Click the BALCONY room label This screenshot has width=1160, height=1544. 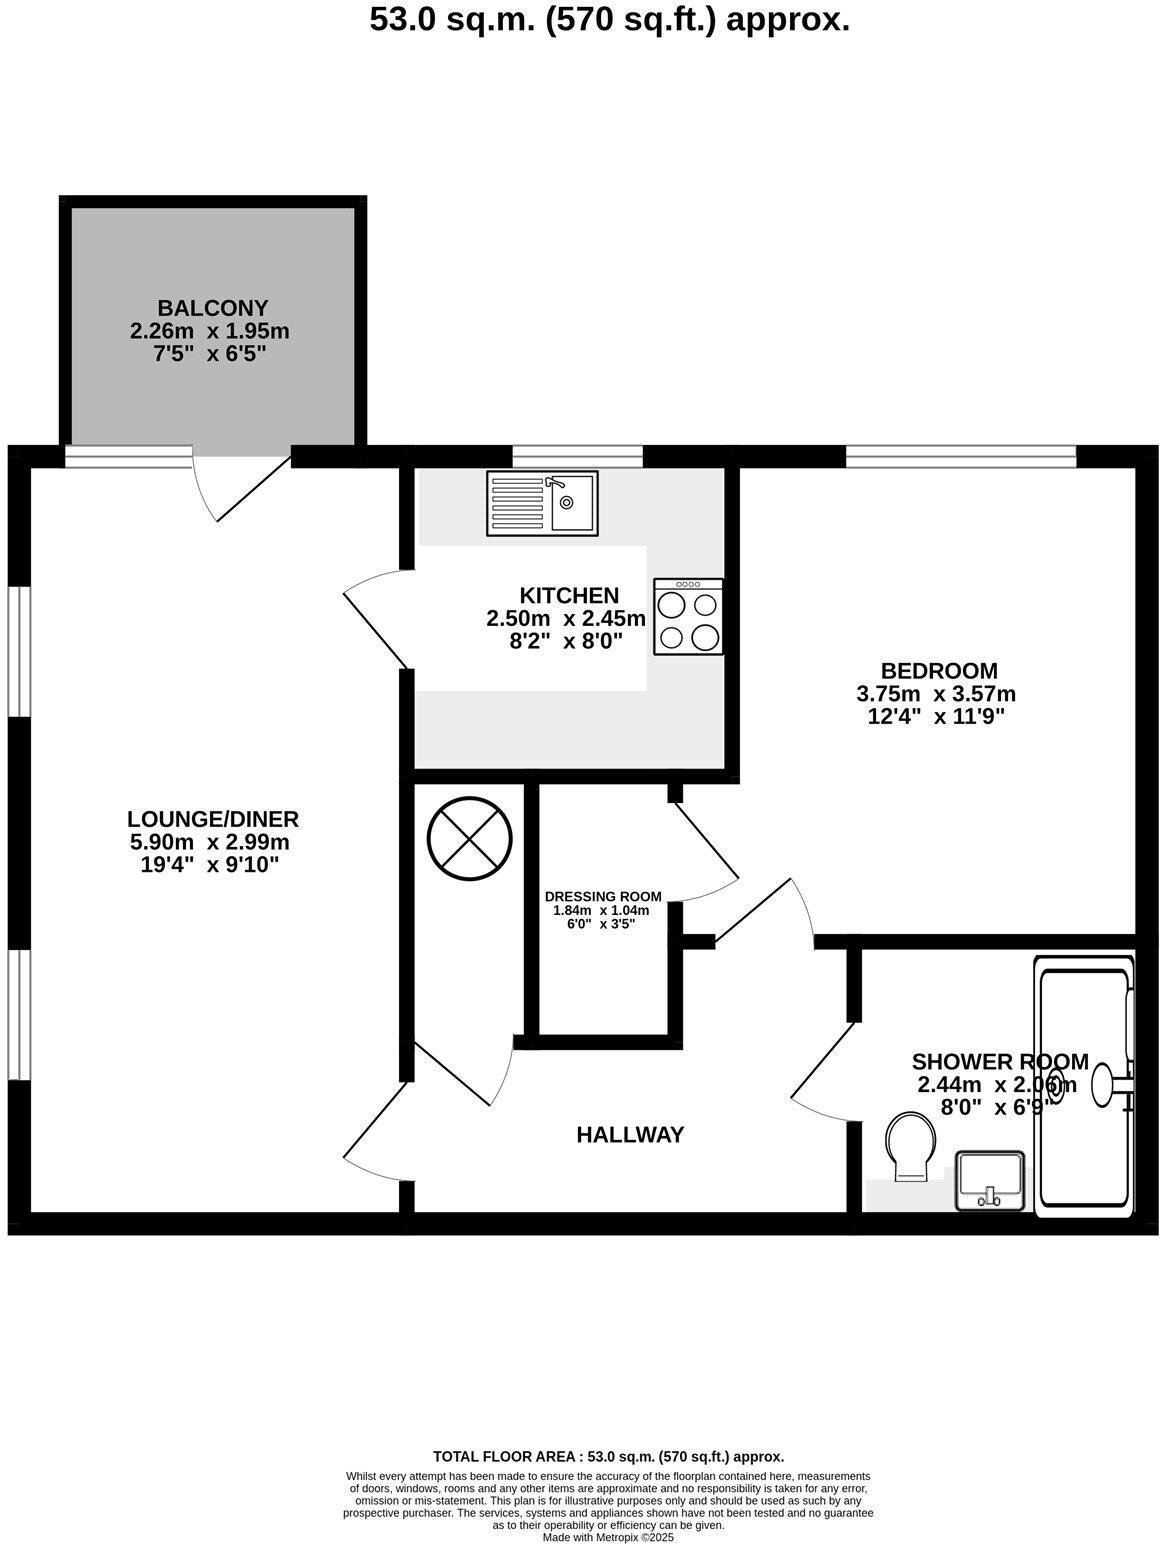coord(212,308)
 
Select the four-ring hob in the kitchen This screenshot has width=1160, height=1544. coord(688,617)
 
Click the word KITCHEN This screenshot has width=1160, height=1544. coord(569,596)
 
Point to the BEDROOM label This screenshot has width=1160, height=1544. coord(938,671)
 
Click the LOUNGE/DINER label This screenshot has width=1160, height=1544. coord(212,820)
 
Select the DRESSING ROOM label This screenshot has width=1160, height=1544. coord(603,896)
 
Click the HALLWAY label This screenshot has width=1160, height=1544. coord(630,1135)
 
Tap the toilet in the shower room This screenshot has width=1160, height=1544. coord(910,1146)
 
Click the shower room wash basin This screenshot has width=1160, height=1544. coord(989,1180)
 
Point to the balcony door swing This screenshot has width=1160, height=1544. coord(240,488)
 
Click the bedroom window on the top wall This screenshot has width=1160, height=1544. coord(960,457)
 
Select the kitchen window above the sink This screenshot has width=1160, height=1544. coord(577,457)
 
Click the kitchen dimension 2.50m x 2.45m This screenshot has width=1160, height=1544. coord(566,619)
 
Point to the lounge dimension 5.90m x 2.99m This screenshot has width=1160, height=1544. coord(209,843)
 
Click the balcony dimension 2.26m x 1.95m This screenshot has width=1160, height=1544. coord(210,331)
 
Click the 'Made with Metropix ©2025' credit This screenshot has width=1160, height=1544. coord(608,1538)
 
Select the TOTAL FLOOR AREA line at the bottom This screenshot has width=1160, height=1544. coord(608,1457)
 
